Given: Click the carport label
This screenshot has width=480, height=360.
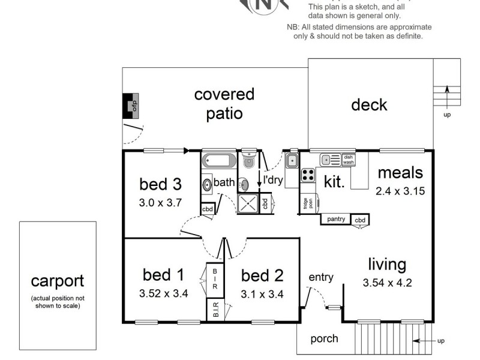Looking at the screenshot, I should (x=58, y=281).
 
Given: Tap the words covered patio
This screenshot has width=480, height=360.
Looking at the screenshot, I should (x=224, y=103).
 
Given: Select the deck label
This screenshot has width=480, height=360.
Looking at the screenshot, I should (x=369, y=105).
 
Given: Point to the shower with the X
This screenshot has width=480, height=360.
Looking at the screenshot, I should (x=251, y=203).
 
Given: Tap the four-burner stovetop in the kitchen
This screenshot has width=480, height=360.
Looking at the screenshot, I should (x=308, y=175).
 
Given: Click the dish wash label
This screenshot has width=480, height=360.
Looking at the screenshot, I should (x=349, y=160).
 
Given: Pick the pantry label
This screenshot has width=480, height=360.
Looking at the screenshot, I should (x=336, y=220).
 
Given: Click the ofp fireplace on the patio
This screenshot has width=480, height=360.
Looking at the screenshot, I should (x=131, y=106).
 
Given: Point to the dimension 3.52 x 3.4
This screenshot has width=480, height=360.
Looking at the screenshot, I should (x=163, y=294).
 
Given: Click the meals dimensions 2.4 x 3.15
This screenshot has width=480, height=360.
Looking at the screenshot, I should (x=400, y=191).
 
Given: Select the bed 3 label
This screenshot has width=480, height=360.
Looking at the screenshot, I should (x=160, y=183).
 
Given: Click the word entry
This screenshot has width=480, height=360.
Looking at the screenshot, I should (x=320, y=277).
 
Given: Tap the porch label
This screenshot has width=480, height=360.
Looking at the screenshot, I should (x=324, y=339).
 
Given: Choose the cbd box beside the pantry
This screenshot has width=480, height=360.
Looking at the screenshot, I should (x=360, y=220).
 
